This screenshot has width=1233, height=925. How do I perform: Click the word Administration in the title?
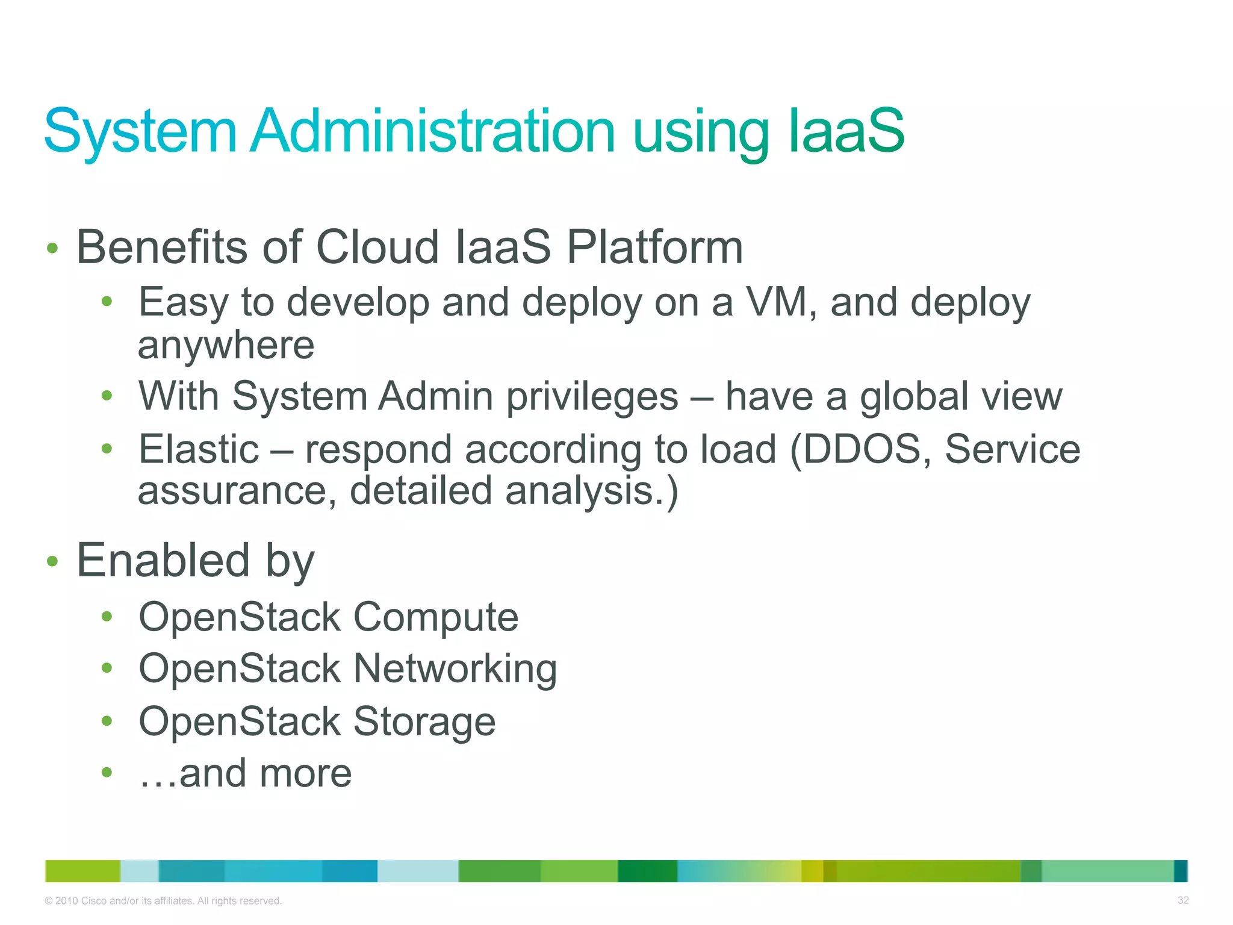pos(433,131)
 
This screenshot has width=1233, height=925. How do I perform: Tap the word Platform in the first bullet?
pos(655,248)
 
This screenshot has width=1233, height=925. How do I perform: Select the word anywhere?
pos(226,346)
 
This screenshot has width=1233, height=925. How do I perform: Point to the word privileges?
pos(592,397)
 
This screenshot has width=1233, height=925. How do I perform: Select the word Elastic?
pos(199,449)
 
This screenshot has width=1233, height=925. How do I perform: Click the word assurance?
pos(232,491)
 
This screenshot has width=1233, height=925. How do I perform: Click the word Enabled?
pos(163,561)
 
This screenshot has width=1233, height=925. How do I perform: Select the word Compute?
pos(435,617)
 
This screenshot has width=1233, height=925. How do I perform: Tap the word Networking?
pos(455,669)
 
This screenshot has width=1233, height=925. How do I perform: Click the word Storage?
pos(424,721)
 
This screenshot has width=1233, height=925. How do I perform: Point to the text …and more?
pos(245,773)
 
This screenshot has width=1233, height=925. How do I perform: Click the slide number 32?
pos(1182,900)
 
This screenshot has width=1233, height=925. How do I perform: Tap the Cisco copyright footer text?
pos(163,901)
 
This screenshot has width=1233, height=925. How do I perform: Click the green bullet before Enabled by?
pos(52,561)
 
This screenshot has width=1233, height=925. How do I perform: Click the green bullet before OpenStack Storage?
pos(107,721)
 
